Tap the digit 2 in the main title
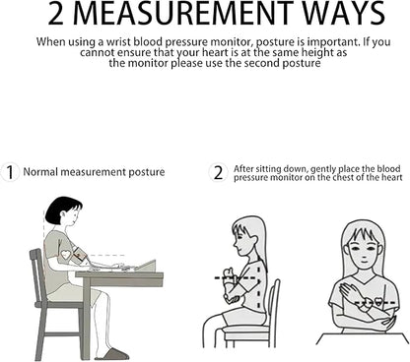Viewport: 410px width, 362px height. click(56, 14)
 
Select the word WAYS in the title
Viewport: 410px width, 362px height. click(344, 13)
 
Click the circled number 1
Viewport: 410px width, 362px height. click(10, 172)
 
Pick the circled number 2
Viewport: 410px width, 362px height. click(218, 172)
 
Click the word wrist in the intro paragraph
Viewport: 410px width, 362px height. click(116, 42)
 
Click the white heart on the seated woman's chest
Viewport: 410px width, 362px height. click(66, 255)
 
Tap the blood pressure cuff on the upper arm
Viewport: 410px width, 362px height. click(80, 256)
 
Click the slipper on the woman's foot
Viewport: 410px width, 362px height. click(112, 354)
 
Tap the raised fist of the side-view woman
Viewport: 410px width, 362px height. click(229, 274)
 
